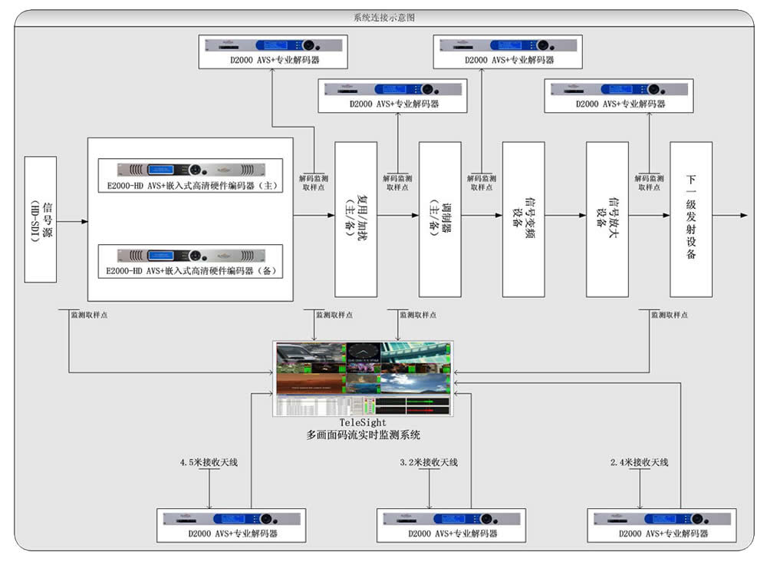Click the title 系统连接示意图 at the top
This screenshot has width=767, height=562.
384,17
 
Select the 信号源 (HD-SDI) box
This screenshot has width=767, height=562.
41,220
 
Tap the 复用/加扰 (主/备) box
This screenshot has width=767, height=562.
356,219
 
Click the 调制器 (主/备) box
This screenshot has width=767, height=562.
439,219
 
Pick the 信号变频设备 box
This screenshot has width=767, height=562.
523,219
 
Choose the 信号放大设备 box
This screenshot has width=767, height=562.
607,219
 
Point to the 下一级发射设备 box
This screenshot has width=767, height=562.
690,219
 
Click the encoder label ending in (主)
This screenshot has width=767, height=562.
191,186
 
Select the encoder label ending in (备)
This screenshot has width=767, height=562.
191,271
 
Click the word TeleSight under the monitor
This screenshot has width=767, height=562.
362,423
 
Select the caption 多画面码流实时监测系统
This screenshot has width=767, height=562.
363,435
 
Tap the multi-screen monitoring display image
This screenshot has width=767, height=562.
363,379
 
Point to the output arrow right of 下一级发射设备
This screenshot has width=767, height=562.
729,216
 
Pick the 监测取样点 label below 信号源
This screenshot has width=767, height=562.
88,315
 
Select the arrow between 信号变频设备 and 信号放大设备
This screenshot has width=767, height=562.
565,216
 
